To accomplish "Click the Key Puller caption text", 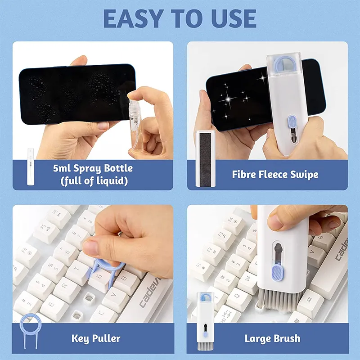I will pyautogui.click(x=96, y=337).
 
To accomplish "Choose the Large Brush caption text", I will pyautogui.click(x=272, y=338).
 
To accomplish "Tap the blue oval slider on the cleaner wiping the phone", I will pyautogui.click(x=292, y=123).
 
